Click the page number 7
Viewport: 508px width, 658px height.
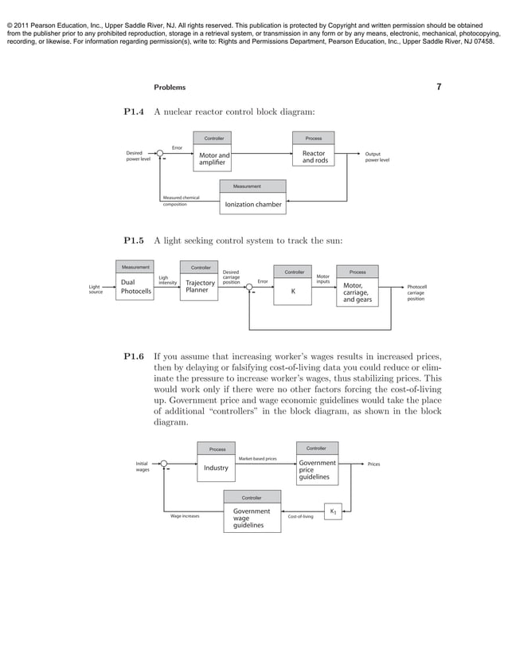[x=439, y=87]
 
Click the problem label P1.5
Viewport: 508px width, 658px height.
[x=133, y=240]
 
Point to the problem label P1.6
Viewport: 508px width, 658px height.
[x=133, y=357]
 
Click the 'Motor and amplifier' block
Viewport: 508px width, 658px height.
[x=213, y=159]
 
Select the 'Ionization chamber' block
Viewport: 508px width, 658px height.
[x=252, y=205]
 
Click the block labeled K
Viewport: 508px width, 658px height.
[x=293, y=292]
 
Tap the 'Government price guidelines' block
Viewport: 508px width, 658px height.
[x=317, y=470]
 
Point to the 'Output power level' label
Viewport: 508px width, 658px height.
[x=377, y=157]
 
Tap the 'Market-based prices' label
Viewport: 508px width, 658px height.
[x=258, y=459]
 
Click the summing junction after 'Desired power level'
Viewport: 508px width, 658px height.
[x=160, y=153]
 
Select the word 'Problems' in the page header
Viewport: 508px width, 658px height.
[x=169, y=88]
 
